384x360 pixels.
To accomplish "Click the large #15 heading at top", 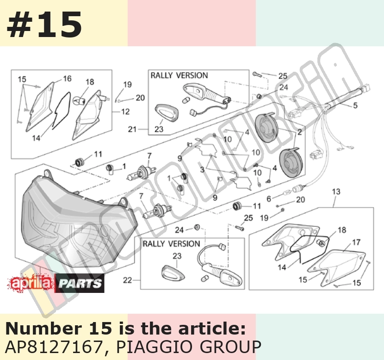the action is (x=44, y=25).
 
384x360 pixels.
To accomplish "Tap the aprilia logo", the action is (x=31, y=283).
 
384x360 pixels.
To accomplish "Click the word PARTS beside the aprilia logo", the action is (x=80, y=283).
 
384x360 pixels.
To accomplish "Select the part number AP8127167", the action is (x=54, y=347).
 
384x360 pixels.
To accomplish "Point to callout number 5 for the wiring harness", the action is (x=355, y=106).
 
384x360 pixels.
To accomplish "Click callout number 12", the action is (x=125, y=112).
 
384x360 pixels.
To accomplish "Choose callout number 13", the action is (x=336, y=192).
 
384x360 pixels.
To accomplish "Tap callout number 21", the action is (x=132, y=129).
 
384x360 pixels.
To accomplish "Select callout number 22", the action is (x=127, y=280).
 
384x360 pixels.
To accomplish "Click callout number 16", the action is (x=67, y=79).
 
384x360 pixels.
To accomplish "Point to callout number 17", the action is (x=356, y=242).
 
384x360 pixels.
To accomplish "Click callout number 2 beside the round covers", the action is (x=299, y=132).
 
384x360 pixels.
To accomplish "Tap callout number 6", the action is (x=269, y=199).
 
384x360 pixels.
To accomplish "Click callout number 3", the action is (x=202, y=169).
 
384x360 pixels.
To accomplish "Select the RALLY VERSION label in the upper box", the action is (x=179, y=75).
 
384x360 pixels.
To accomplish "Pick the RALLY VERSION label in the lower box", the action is (x=172, y=244).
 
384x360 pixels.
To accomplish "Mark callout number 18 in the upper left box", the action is (x=90, y=82).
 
